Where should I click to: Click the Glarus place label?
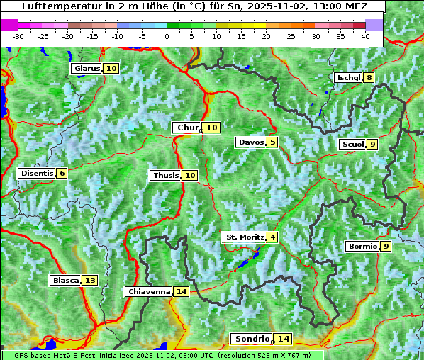(87, 69)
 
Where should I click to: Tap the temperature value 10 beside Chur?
(213, 128)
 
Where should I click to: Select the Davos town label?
(250, 142)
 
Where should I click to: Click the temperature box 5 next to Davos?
(273, 142)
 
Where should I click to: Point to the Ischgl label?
(348, 78)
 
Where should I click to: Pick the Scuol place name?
(352, 145)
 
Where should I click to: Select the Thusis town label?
(164, 176)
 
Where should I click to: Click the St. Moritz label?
(245, 237)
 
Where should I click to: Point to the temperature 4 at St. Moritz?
(273, 237)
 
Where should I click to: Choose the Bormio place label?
(362, 247)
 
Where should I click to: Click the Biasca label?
(65, 281)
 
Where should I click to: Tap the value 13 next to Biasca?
(89, 281)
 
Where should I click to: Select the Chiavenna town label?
(149, 292)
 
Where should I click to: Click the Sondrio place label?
(252, 339)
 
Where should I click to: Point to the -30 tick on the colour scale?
(18, 36)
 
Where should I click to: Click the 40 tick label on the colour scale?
(365, 36)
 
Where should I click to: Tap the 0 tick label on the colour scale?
(167, 36)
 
